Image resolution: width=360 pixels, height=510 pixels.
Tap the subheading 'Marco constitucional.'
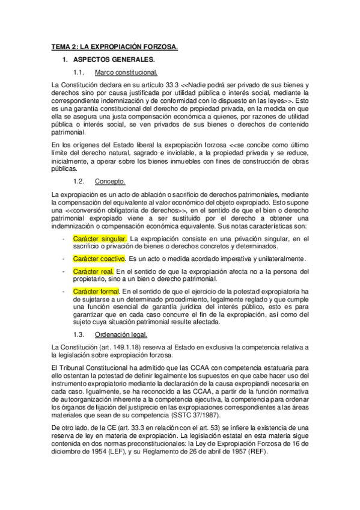(126, 73)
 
